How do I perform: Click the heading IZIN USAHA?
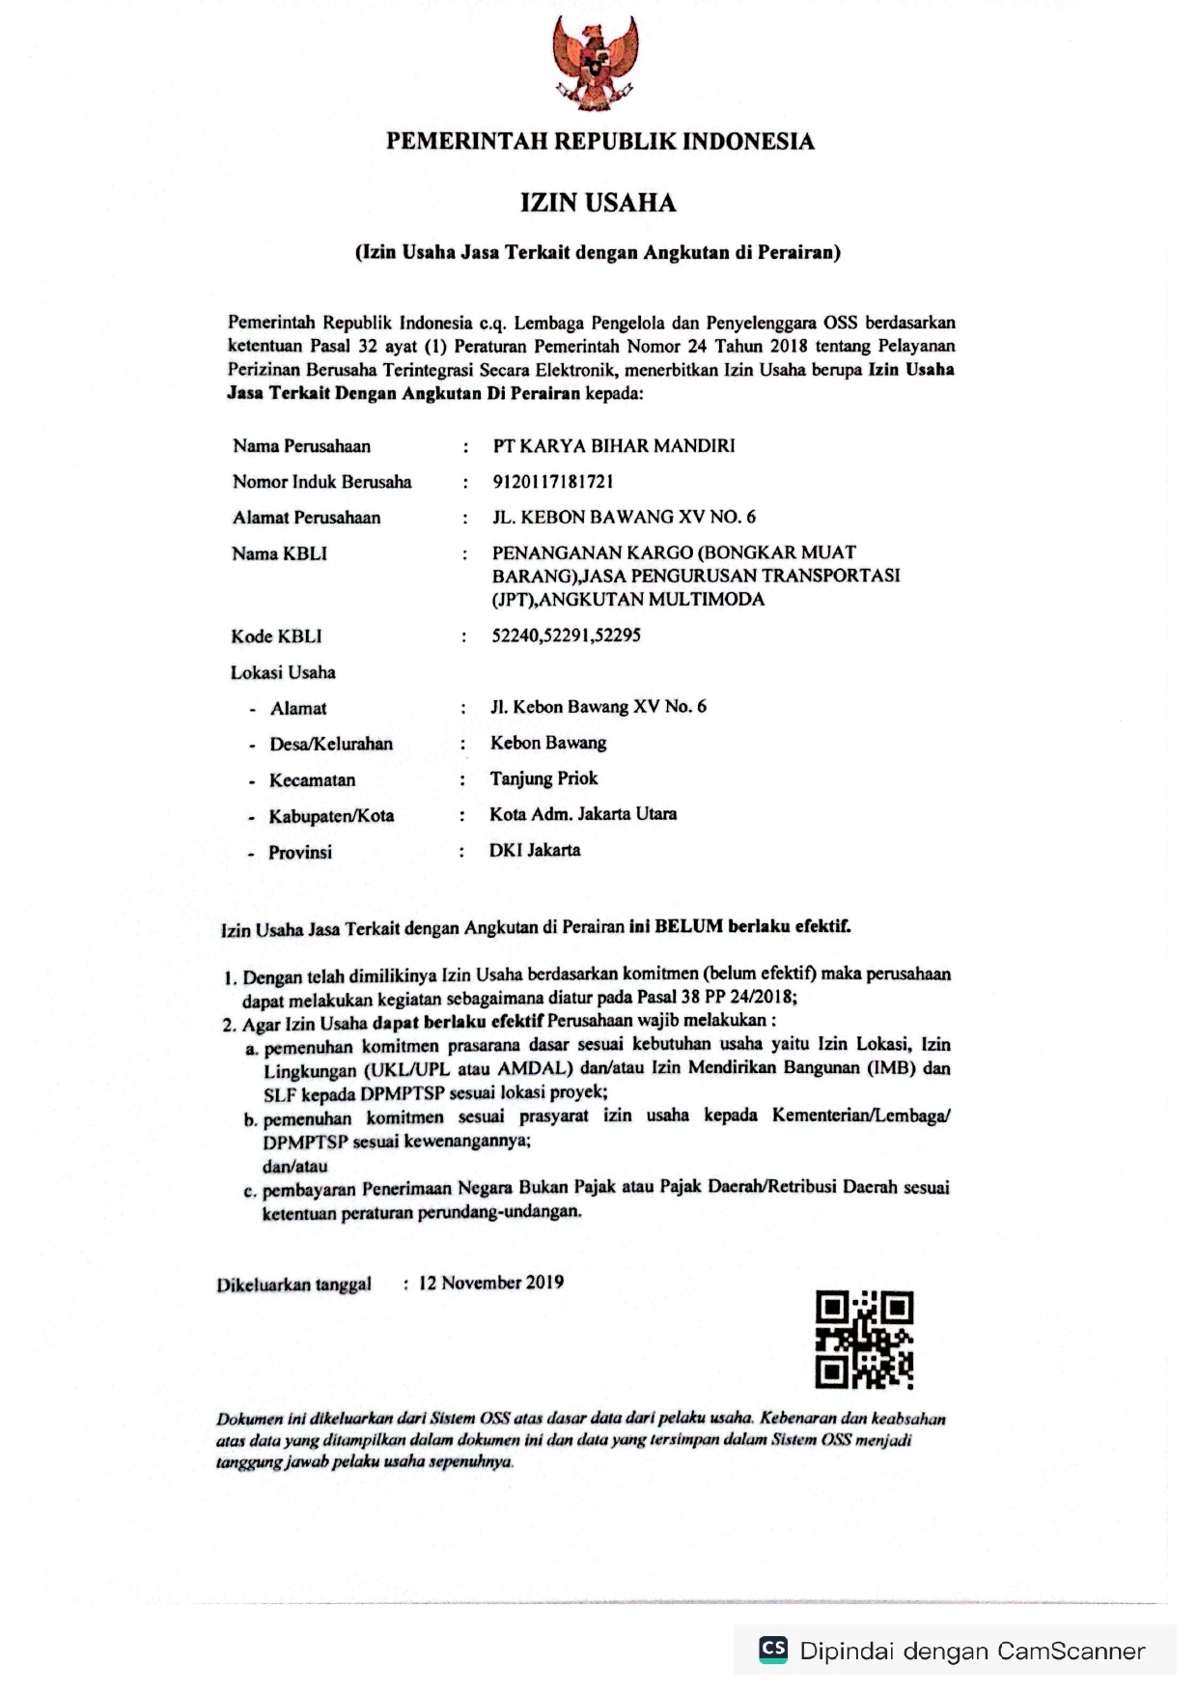click(x=598, y=203)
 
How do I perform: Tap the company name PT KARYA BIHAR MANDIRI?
click(x=614, y=446)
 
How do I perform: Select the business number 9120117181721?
click(x=553, y=481)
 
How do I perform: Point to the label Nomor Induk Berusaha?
click(x=321, y=482)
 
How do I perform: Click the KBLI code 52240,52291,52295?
click(x=567, y=636)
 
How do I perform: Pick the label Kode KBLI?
click(x=276, y=636)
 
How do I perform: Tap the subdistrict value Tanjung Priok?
click(x=543, y=778)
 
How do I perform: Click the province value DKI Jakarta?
click(x=535, y=850)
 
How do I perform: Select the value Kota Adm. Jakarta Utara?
click(x=583, y=814)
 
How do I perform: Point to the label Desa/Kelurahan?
click(x=331, y=744)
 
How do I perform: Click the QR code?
click(x=864, y=1340)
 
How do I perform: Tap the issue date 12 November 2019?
click(x=491, y=1283)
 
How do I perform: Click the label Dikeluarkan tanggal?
click(x=293, y=1285)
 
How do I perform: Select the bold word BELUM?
click(x=688, y=926)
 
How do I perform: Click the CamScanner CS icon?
click(x=773, y=1649)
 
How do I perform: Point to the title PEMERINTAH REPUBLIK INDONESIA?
click(x=599, y=142)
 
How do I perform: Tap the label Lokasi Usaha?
click(x=283, y=672)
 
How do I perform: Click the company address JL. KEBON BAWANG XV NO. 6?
click(x=624, y=517)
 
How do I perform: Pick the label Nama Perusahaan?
click(x=301, y=446)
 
